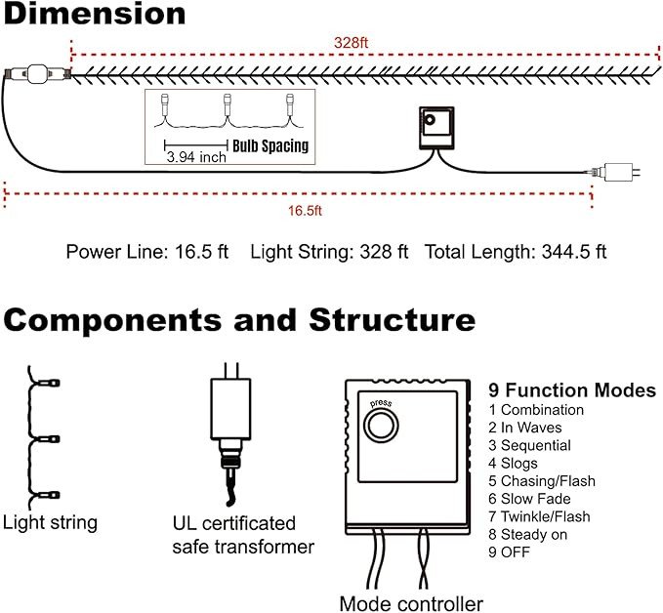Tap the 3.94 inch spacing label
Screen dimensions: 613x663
(x=197, y=156)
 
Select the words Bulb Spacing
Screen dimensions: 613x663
(x=270, y=146)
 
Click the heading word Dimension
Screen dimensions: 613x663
(x=94, y=15)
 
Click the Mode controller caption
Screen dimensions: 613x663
(x=411, y=602)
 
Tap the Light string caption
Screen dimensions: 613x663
(x=50, y=522)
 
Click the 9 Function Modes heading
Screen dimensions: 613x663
(x=572, y=390)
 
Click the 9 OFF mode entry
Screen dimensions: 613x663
(x=510, y=552)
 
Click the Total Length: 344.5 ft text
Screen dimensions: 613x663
(x=515, y=252)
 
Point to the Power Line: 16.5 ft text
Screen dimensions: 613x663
(x=146, y=252)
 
